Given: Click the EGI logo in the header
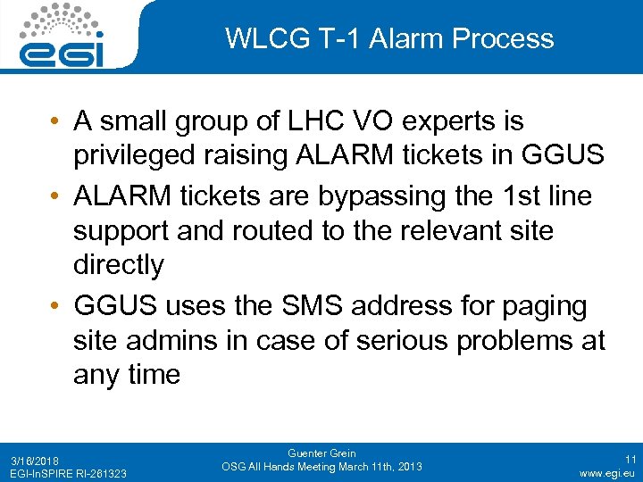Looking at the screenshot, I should point(62,36).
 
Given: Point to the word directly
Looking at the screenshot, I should point(119,264).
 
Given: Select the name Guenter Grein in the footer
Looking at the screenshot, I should point(321,453).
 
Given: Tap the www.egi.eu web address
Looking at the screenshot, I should point(606,472).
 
